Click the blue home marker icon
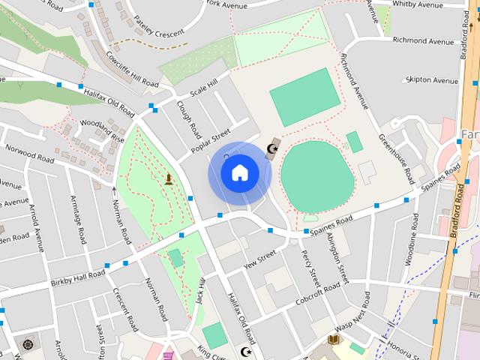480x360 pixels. [x=239, y=173]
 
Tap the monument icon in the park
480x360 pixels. [x=169, y=178]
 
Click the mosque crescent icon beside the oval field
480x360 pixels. [x=272, y=148]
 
